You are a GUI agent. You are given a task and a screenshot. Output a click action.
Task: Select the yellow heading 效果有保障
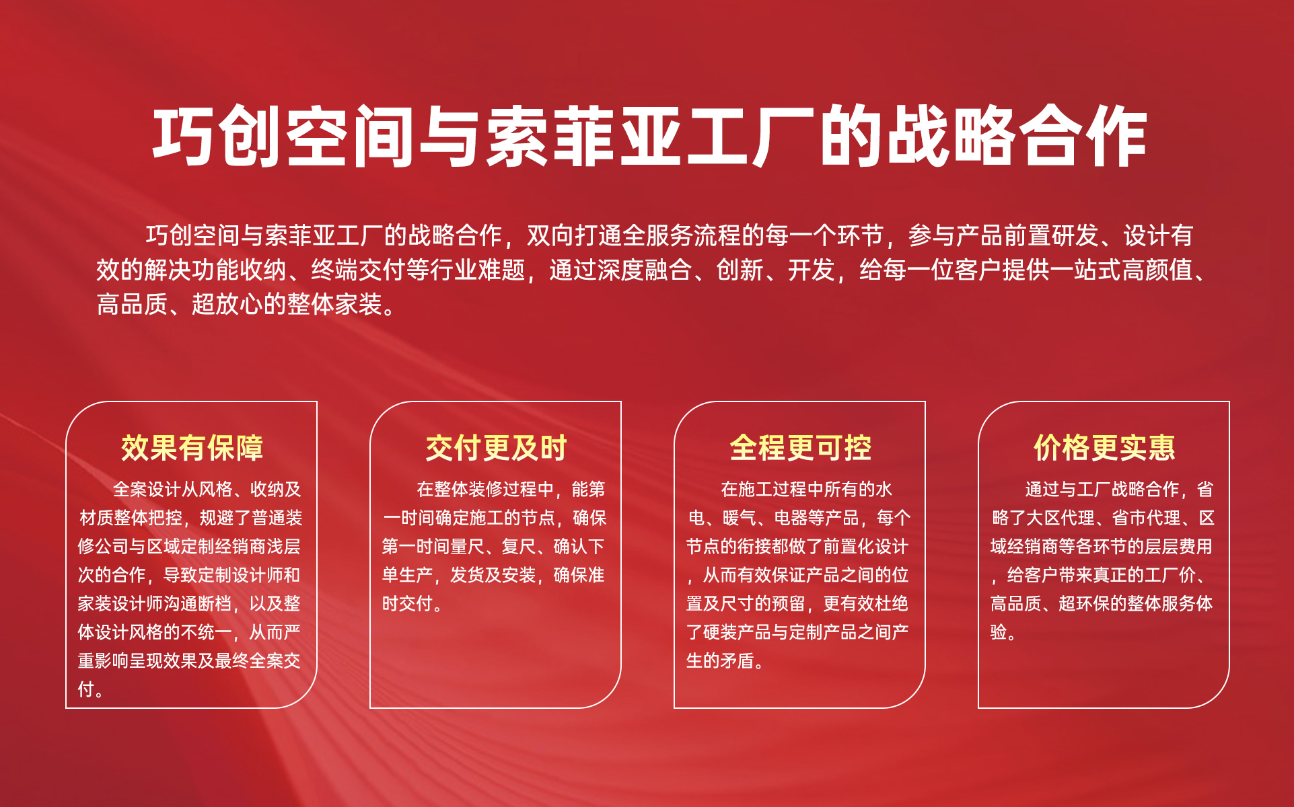(192, 448)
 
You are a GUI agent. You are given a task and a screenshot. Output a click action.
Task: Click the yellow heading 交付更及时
(496, 448)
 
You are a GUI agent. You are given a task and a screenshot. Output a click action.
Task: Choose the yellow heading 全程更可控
(800, 448)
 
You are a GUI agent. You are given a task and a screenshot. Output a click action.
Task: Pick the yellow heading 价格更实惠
(1104, 448)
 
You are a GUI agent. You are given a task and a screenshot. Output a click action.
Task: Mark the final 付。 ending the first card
(90, 689)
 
